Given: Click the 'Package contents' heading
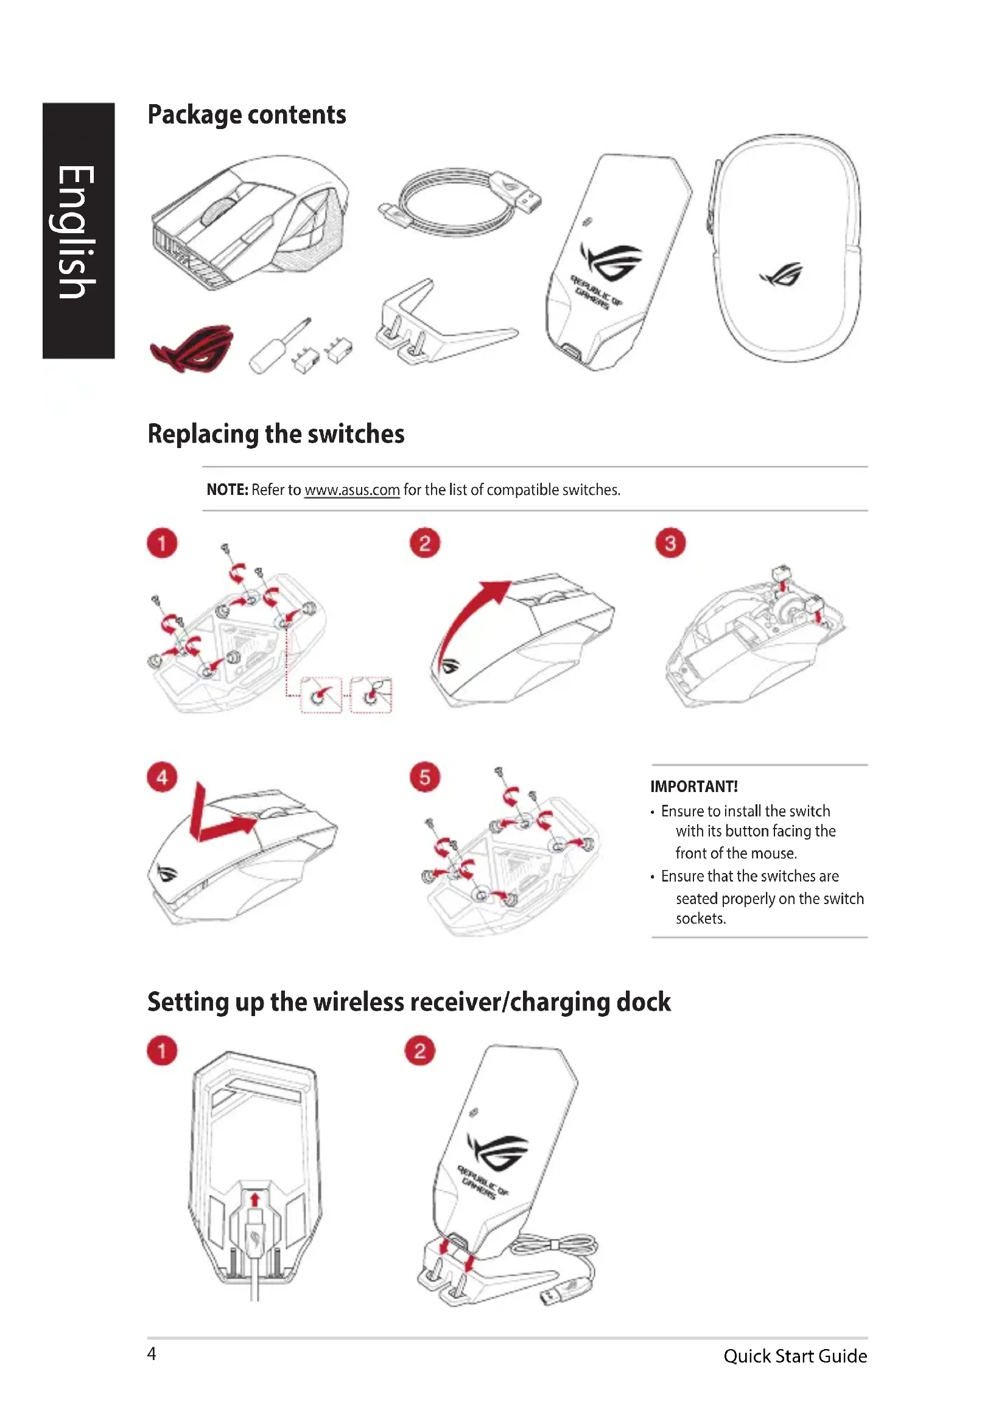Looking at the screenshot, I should tap(246, 114).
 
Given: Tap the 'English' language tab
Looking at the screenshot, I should tap(77, 231).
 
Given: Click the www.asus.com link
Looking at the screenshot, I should tap(351, 490).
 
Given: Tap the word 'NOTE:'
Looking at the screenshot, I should tap(227, 490).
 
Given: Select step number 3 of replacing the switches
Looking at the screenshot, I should tap(670, 543).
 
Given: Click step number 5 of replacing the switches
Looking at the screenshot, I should tap(425, 777).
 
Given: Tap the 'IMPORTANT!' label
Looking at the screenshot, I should tap(694, 787).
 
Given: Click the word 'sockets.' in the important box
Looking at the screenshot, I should tap(701, 919).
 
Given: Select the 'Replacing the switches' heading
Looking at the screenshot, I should tap(276, 434).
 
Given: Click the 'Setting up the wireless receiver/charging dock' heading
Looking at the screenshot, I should tap(409, 1002).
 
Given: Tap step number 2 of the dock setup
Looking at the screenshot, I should tap(420, 1051).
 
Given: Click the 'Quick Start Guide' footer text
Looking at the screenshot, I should tap(795, 1356).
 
